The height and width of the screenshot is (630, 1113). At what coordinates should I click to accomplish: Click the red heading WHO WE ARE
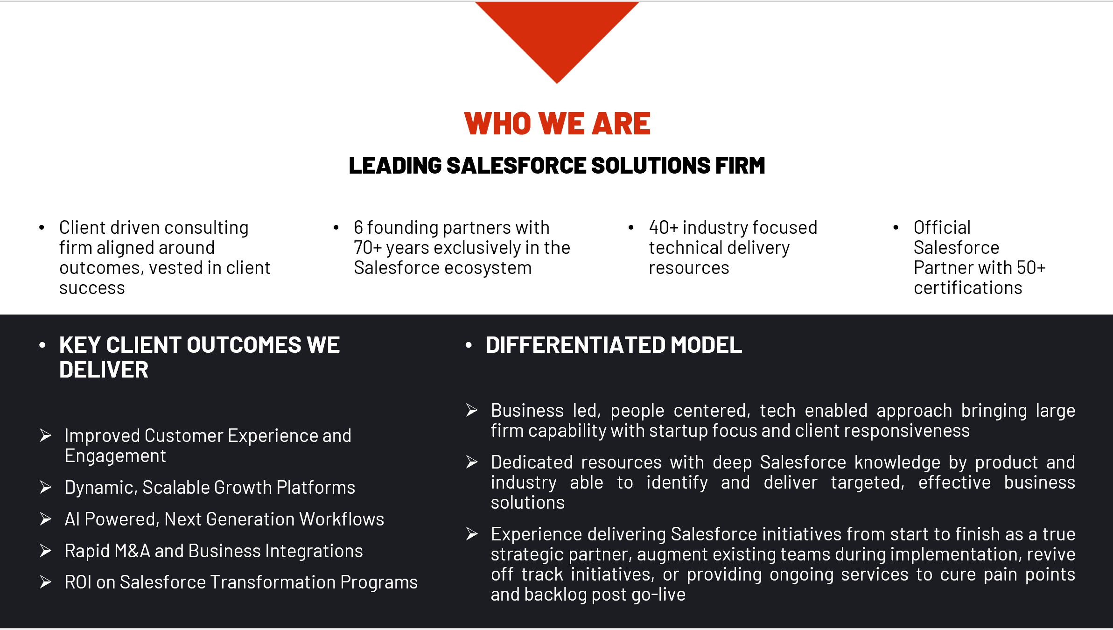tap(557, 124)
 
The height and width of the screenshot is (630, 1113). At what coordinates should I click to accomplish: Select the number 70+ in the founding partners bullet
tap(368, 248)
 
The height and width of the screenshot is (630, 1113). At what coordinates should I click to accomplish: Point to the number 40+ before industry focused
tap(663, 228)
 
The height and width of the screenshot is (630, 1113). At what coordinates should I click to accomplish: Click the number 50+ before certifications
tap(1031, 268)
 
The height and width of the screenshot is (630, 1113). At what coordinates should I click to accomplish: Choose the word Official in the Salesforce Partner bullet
tap(942, 228)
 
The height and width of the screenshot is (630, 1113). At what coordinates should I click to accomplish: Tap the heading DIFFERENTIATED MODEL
tap(614, 345)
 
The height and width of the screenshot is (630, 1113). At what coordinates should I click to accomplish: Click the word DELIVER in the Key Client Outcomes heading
tap(104, 370)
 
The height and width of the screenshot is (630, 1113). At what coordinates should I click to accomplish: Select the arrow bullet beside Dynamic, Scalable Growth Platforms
tap(46, 487)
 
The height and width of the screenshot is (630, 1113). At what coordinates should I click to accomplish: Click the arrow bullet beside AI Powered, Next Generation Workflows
tap(46, 519)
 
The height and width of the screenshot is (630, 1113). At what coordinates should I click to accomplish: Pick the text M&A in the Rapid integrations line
tap(133, 551)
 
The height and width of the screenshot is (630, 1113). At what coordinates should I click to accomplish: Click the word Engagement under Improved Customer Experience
tap(115, 456)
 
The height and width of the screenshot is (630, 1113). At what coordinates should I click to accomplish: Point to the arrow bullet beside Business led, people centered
tap(472, 410)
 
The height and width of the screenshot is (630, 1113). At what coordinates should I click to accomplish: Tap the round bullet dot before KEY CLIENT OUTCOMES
tap(42, 345)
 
